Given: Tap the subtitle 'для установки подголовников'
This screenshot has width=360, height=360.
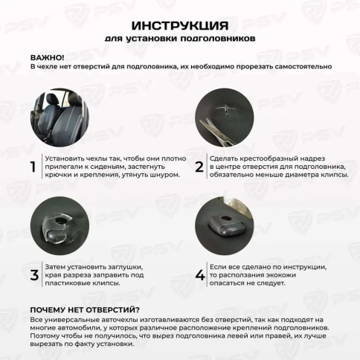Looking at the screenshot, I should (x=179, y=36).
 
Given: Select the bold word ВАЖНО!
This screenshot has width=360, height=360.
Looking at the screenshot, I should (x=47, y=57).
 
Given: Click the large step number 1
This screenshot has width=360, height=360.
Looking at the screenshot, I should (x=33, y=167).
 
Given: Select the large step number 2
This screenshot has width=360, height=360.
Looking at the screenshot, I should (x=199, y=167).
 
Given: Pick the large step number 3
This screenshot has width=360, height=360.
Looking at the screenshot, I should (x=33, y=275).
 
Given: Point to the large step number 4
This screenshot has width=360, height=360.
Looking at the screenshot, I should (x=199, y=275).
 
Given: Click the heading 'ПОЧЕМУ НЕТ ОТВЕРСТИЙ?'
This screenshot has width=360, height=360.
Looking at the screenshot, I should (x=85, y=309).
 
